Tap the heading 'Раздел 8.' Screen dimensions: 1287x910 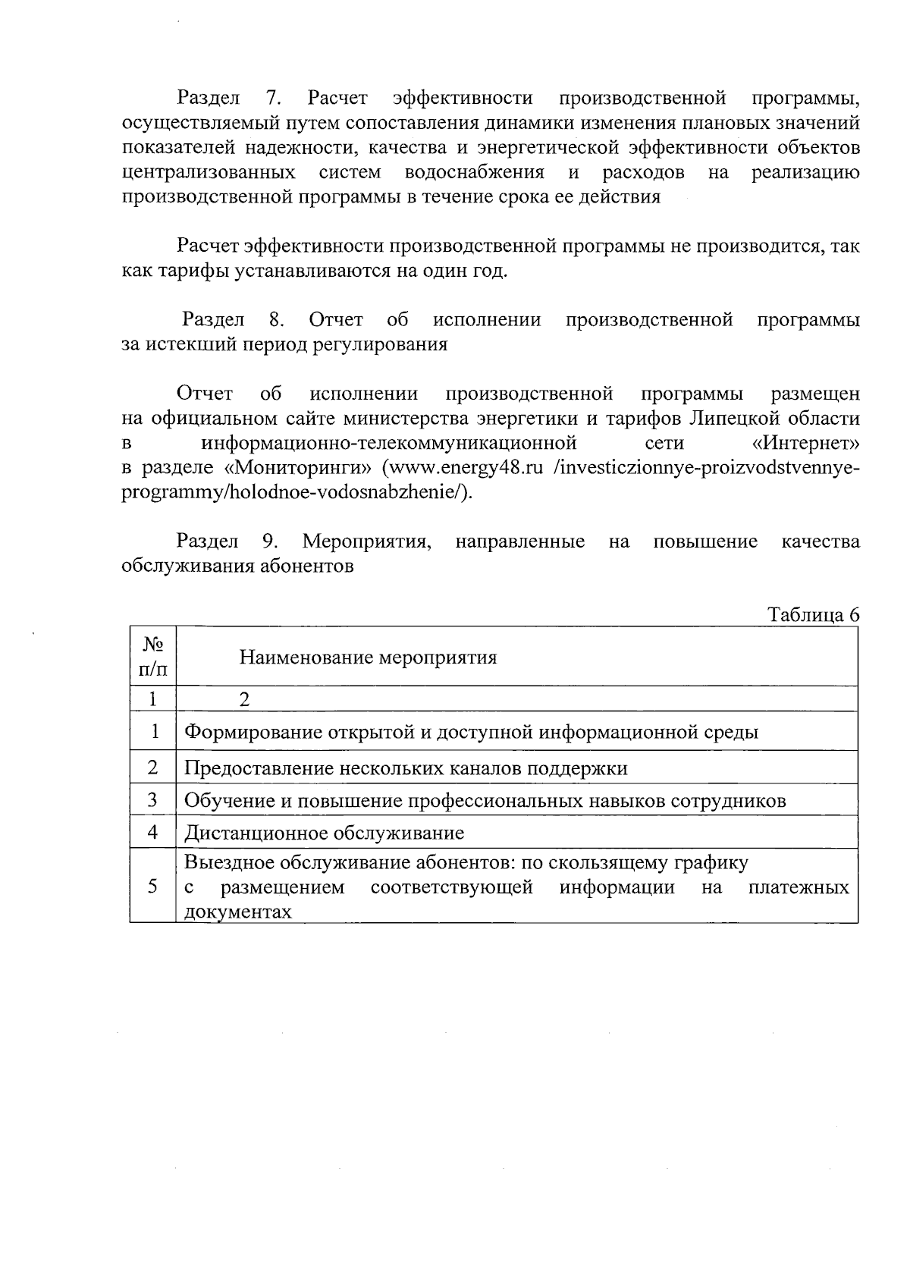pos(232,320)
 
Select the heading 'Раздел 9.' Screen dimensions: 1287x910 pos(227,541)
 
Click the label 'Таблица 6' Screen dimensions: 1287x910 pos(814,615)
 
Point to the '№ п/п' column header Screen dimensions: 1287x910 pos(153,657)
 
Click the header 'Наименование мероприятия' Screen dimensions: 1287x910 pos(368,658)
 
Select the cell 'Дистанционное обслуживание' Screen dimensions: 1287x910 pos(325,833)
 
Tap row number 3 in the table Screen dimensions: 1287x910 pos(153,800)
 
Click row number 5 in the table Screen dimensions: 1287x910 pos(153,887)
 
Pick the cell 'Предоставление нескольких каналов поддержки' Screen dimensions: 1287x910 pos(406,768)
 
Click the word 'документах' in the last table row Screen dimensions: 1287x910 pos(238,912)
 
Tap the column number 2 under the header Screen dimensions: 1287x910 pos(244,699)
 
